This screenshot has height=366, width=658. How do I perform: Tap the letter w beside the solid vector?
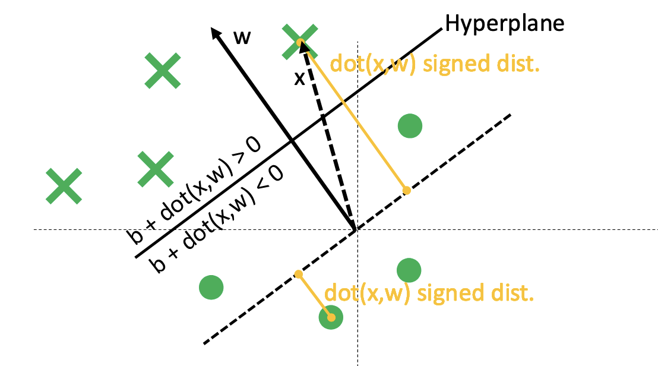[241, 37]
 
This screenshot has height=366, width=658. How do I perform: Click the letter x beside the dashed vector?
[300, 79]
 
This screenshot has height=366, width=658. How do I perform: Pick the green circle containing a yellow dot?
[331, 318]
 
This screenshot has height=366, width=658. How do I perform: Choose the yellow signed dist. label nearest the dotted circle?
[428, 294]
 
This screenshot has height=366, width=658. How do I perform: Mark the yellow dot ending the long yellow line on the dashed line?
[406, 190]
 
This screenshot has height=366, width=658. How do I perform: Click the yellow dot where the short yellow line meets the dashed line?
[299, 274]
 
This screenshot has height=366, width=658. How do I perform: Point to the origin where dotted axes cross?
[357, 229]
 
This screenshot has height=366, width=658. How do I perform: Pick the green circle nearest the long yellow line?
[409, 126]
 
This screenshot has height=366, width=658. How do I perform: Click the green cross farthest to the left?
[64, 185]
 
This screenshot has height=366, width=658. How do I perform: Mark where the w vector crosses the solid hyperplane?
[291, 141]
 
